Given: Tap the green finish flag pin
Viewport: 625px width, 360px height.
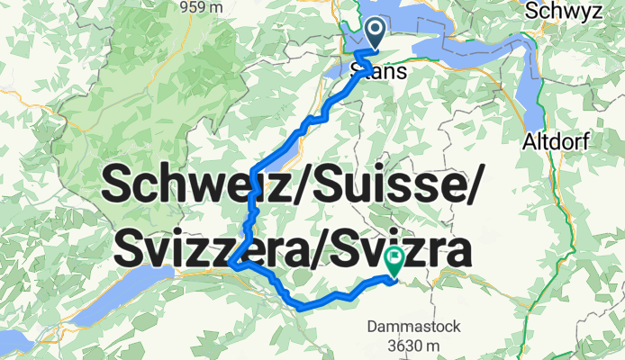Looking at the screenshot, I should pyautogui.click(x=394, y=262).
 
